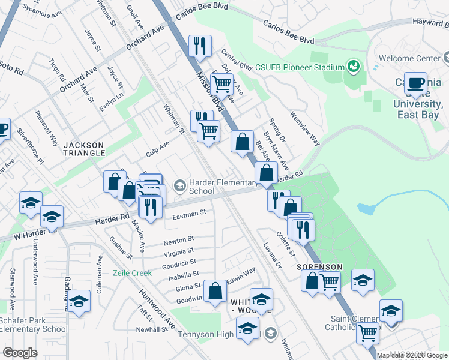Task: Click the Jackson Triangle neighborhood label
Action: pos(84,149)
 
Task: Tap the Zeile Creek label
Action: pos(133,272)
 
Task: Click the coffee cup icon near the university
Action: pos(415,83)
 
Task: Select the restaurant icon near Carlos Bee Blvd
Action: pos(199,46)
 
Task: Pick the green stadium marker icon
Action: pos(354,66)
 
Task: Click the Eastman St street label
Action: pos(189,212)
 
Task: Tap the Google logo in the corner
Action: pos(20,353)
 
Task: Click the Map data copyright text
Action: pos(412,355)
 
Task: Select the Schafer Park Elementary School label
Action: pos(34,324)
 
